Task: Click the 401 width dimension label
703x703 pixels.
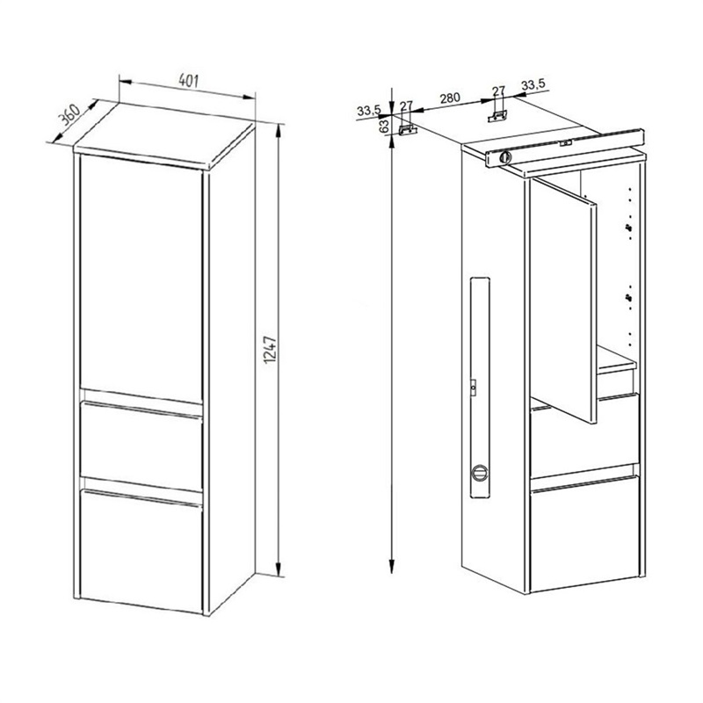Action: [188, 81]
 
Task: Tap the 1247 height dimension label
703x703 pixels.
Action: [270, 350]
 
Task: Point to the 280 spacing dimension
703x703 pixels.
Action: [450, 98]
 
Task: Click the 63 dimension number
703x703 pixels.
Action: [384, 126]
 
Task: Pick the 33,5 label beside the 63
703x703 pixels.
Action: [369, 110]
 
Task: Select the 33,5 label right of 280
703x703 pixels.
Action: [533, 83]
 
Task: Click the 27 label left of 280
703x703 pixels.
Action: [406, 106]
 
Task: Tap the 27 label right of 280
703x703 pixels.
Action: [498, 91]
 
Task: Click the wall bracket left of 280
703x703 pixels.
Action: [408, 129]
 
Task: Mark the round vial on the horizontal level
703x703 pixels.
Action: [505, 157]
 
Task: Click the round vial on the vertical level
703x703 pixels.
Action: [480, 473]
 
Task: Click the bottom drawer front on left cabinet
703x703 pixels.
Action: [141, 551]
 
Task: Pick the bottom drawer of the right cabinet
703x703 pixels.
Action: [584, 533]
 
